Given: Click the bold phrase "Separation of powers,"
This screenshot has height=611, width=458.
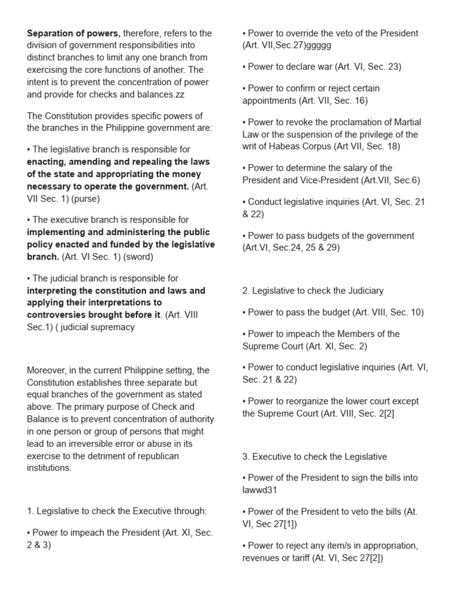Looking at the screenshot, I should pyautogui.click(x=73, y=33).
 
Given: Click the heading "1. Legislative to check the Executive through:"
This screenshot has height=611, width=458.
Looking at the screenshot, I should pyautogui.click(x=117, y=511).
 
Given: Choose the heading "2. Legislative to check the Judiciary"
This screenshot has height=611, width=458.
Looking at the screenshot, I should pyautogui.click(x=313, y=291).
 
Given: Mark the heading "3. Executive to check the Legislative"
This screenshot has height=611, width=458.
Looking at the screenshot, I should pyautogui.click(x=314, y=456).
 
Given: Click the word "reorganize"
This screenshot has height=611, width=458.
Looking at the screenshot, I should pyautogui.click(x=305, y=401).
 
